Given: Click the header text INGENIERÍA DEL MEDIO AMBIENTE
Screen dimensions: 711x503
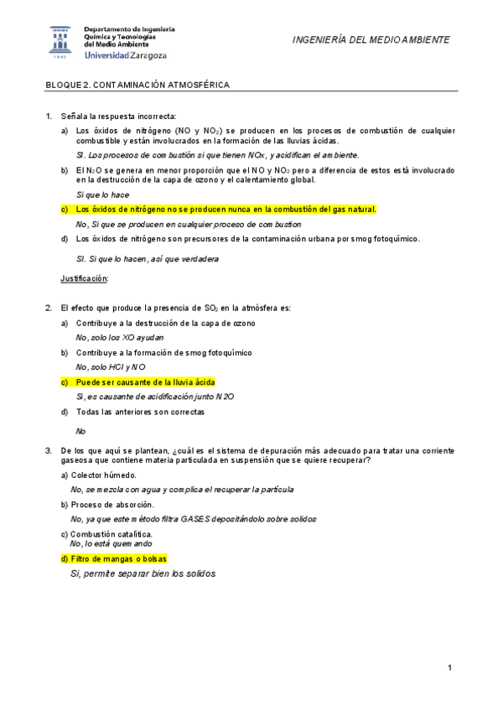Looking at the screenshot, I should [371, 40].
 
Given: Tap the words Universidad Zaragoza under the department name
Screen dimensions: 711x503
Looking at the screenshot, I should [126, 55].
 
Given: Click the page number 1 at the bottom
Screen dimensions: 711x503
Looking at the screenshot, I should [449, 667].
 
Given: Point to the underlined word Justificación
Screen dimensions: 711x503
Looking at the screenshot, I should [85, 278].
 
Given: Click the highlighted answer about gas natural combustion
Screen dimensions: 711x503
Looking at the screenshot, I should [226, 210].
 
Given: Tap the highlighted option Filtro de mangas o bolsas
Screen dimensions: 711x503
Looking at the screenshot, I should [122, 558].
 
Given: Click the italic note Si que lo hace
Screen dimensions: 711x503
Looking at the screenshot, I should [102, 195].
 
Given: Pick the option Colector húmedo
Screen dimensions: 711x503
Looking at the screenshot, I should [104, 475].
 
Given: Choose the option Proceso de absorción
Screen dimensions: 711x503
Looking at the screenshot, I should [112, 505].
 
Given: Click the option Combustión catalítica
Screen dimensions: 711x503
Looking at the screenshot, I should [111, 534].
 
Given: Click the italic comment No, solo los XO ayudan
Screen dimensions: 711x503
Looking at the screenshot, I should [120, 337].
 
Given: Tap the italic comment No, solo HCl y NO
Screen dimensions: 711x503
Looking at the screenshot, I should [111, 366].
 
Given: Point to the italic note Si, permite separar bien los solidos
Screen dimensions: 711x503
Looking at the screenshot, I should [143, 574].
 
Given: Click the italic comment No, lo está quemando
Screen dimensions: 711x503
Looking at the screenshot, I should [111, 543].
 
